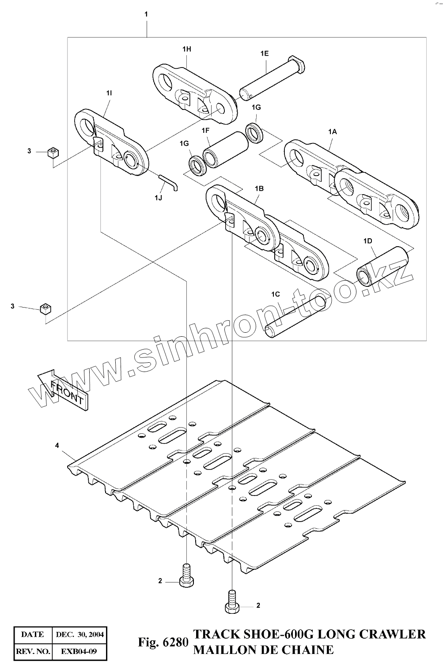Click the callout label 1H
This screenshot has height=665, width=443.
click(x=186, y=49)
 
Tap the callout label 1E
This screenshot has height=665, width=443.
click(x=264, y=53)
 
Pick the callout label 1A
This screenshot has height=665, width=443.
click(x=332, y=131)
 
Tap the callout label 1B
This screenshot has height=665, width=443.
click(x=259, y=188)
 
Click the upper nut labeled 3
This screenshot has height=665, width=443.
click(x=53, y=153)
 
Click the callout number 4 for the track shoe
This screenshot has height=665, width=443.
click(x=57, y=446)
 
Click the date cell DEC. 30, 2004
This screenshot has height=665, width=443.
click(x=80, y=635)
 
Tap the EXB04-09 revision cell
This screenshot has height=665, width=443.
click(x=79, y=651)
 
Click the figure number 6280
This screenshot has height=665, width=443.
click(x=175, y=642)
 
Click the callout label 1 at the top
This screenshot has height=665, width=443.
click(x=146, y=14)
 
